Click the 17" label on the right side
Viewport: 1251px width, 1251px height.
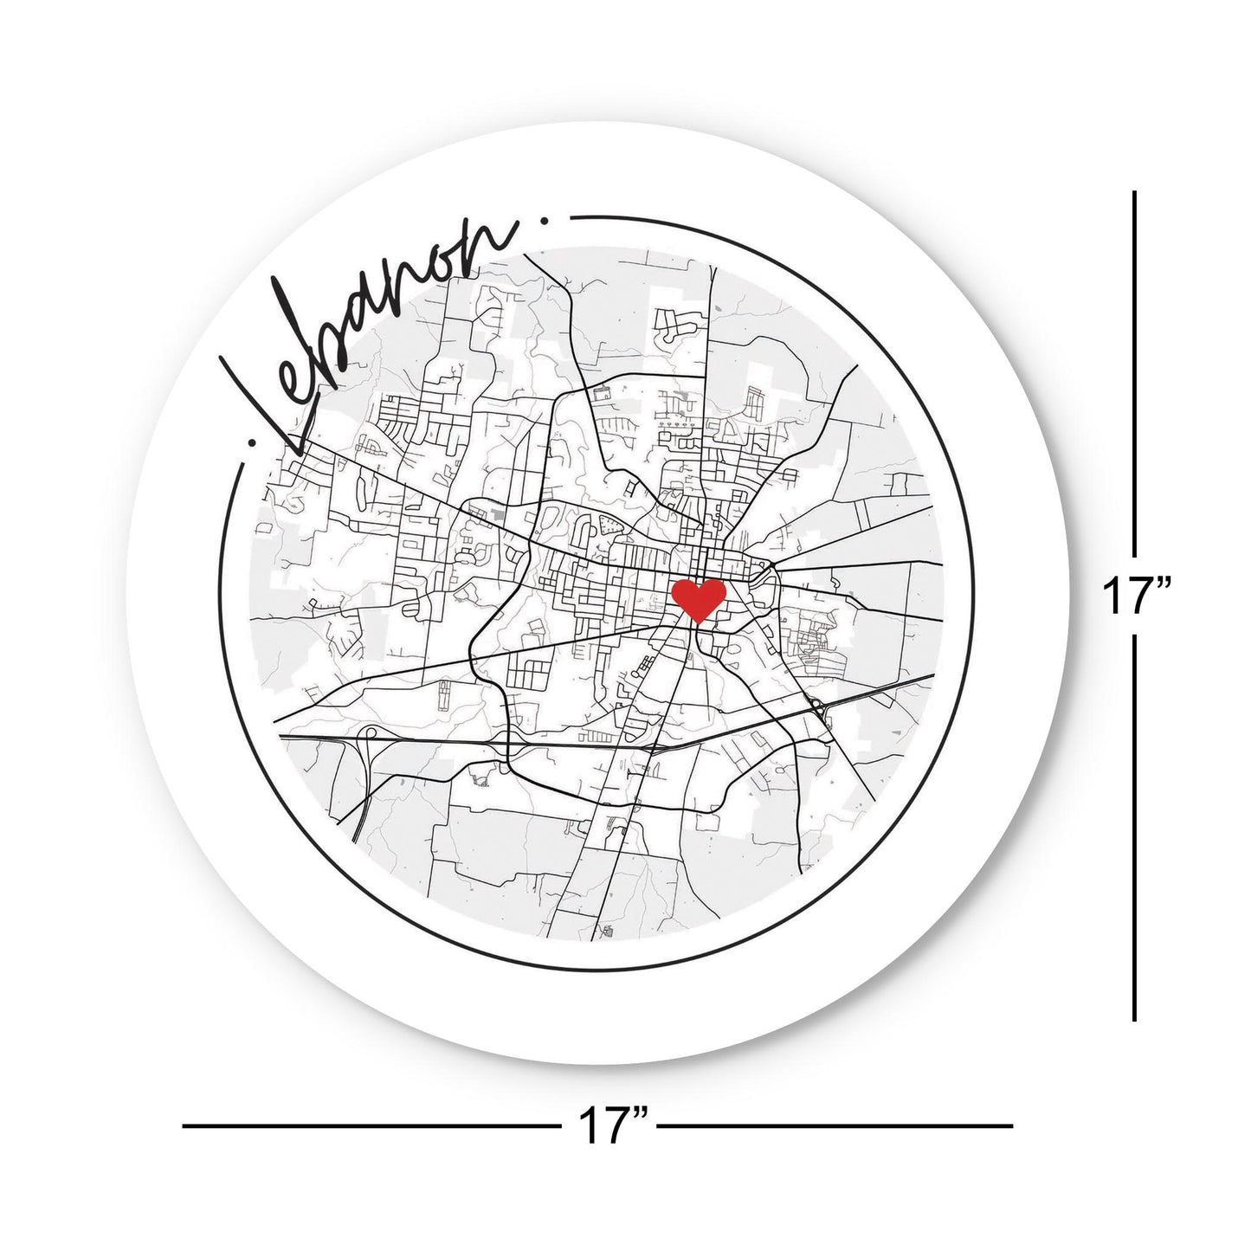tap(1137, 598)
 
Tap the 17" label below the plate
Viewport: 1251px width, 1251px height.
tap(614, 1125)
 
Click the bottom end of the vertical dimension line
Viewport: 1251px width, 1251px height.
tap(1135, 1020)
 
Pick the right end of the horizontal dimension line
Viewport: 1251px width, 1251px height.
tap(1011, 1125)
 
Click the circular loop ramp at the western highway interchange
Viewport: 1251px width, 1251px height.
tap(371, 737)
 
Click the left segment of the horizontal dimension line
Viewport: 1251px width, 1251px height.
tap(372, 1125)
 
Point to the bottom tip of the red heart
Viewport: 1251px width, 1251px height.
tap(699, 622)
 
